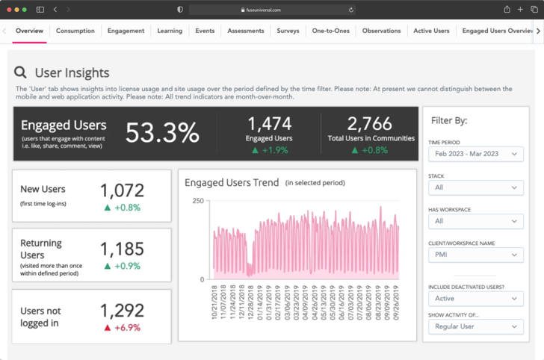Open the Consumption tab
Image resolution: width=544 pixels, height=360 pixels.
tap(75, 31)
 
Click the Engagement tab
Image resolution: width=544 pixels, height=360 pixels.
tap(126, 31)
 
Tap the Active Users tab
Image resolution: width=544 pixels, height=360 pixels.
tap(431, 31)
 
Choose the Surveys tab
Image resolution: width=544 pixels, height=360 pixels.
tap(288, 31)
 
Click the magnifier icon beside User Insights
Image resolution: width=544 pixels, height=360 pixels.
tap(21, 72)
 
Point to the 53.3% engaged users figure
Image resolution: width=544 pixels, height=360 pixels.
tap(162, 133)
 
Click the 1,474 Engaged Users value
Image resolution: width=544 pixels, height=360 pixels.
tap(269, 123)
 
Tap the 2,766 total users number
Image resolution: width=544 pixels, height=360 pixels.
tap(370, 123)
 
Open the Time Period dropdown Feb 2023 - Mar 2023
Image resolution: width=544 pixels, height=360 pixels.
tap(475, 154)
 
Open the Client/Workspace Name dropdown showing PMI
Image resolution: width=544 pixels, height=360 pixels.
tap(475, 255)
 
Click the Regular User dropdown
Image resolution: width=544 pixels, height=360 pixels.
tap(475, 326)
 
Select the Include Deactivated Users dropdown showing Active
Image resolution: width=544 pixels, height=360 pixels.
tap(475, 298)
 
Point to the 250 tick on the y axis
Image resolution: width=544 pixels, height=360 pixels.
tap(197, 201)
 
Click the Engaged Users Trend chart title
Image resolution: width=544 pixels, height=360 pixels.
tap(232, 182)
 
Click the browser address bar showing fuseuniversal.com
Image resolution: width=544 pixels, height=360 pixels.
tap(272, 10)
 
